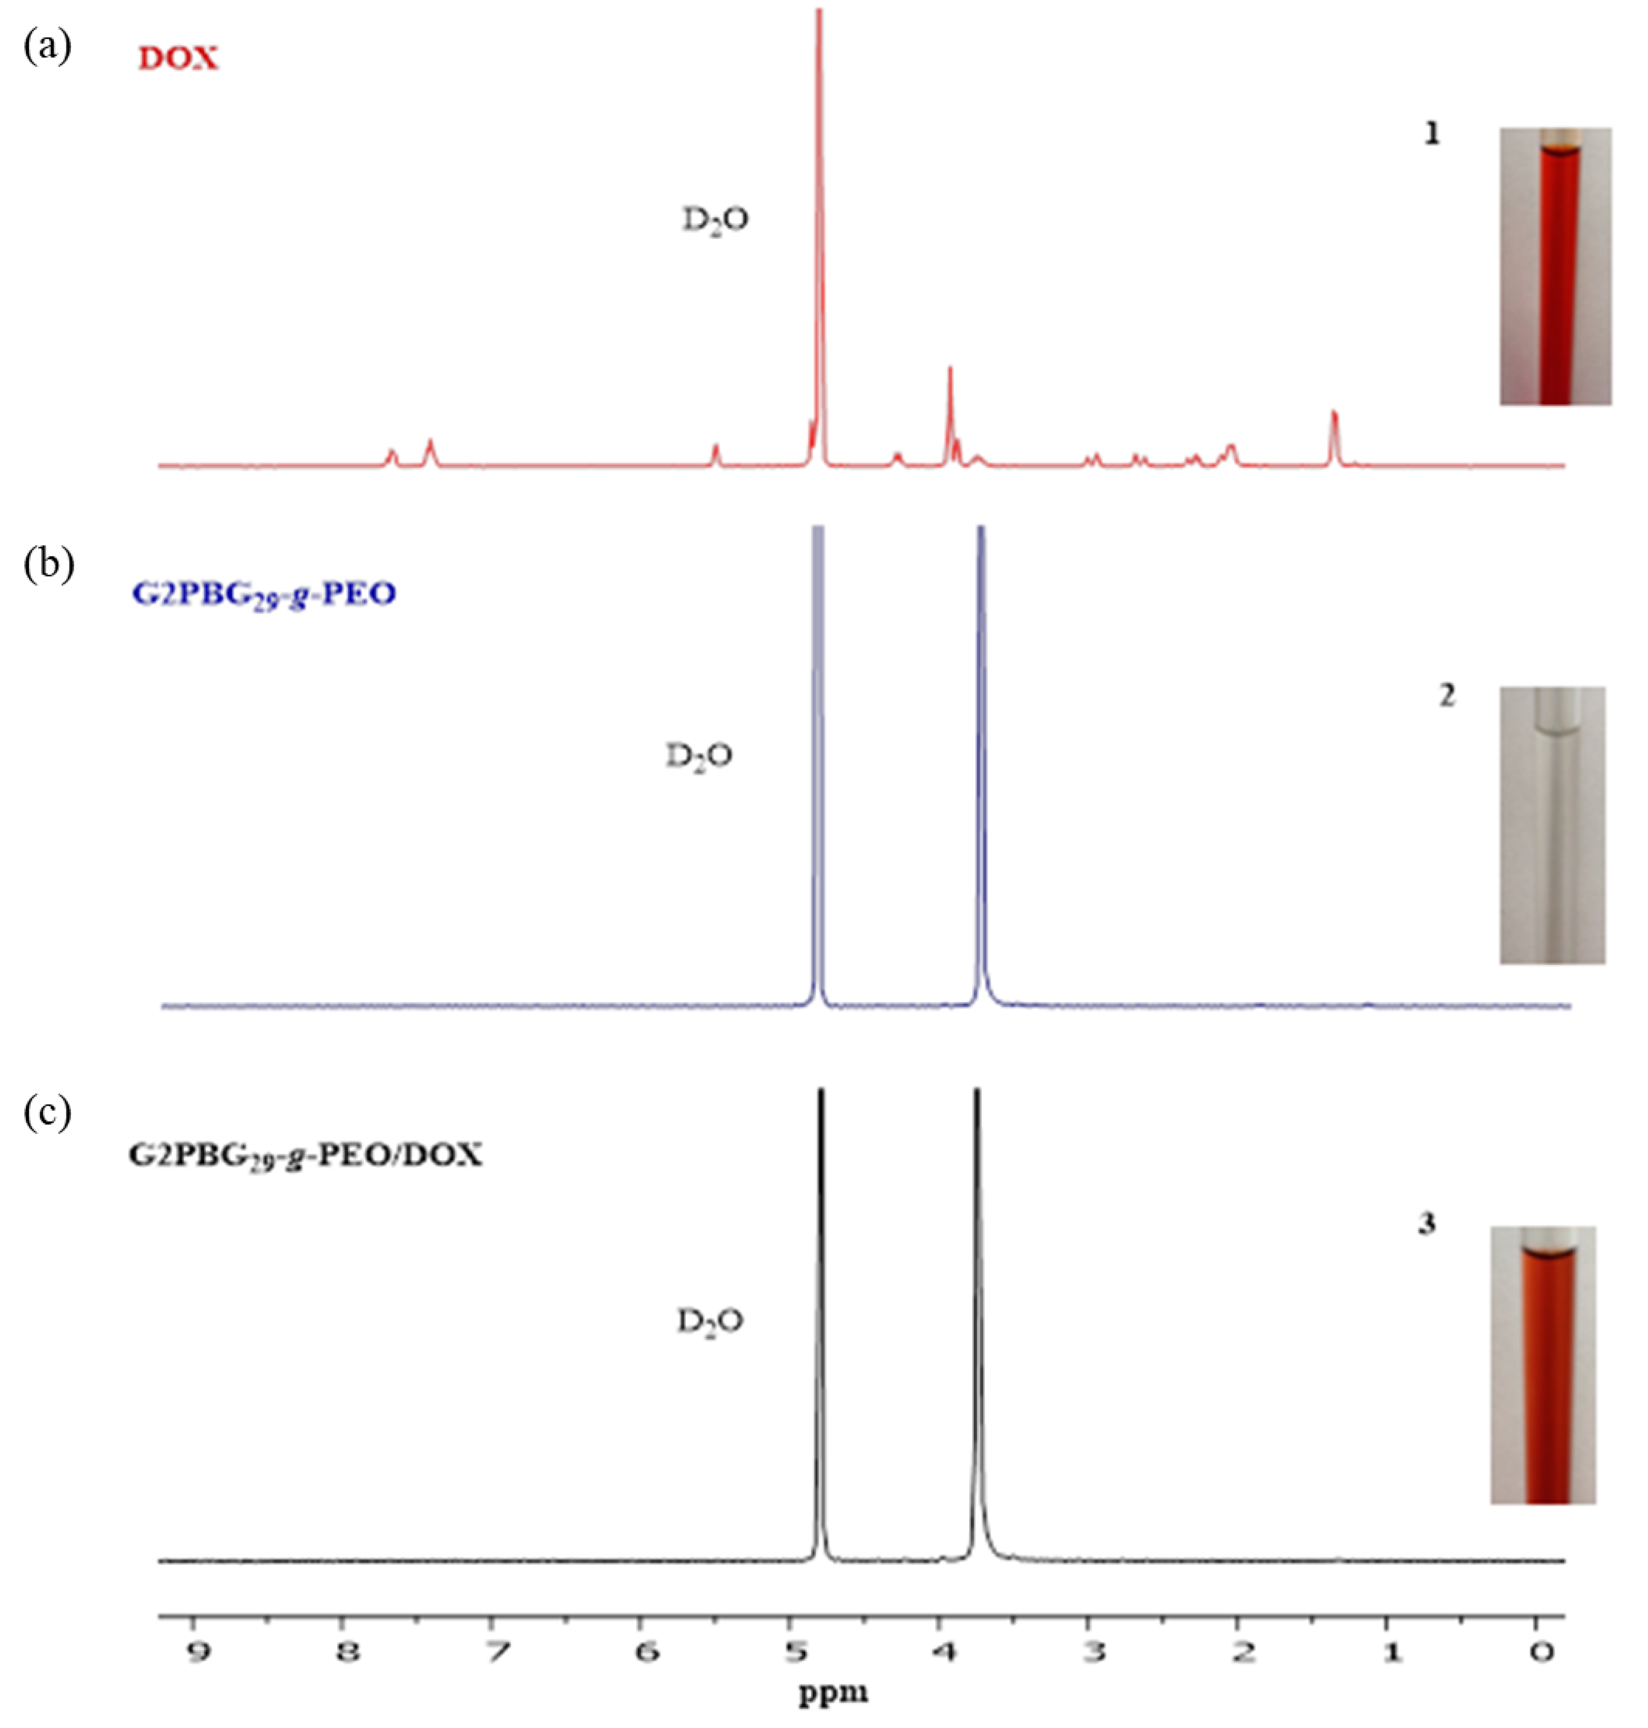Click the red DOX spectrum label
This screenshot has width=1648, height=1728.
[x=178, y=59]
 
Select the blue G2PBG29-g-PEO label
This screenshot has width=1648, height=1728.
[x=264, y=595]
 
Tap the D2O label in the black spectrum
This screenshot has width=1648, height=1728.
[x=709, y=1320]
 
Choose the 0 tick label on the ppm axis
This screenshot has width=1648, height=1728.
[x=1541, y=1651]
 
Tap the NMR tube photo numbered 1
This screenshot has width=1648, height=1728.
[x=1555, y=266]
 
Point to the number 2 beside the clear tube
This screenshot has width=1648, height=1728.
[x=1446, y=696]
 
